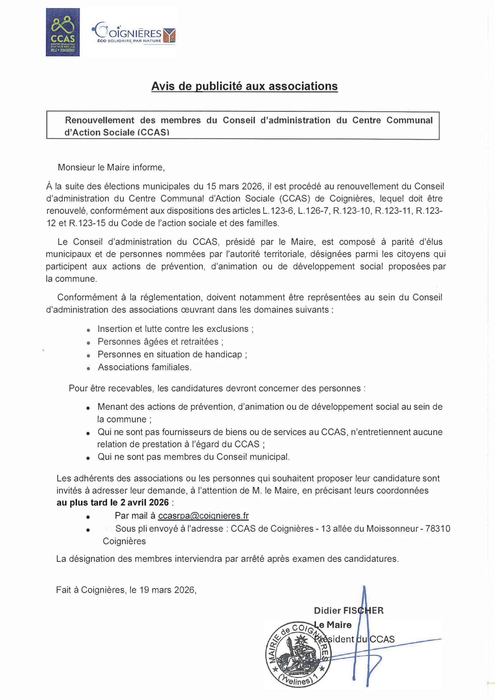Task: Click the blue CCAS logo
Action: pyautogui.click(x=63, y=32)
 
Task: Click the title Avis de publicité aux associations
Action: pyautogui.click(x=244, y=86)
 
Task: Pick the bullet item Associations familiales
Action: pyautogui.click(x=145, y=367)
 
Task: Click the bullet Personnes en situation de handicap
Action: pyautogui.click(x=172, y=354)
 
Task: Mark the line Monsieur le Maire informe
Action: pyautogui.click(x=111, y=167)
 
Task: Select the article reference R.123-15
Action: pyautogui.click(x=87, y=223)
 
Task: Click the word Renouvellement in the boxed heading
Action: pyautogui.click(x=100, y=120)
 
